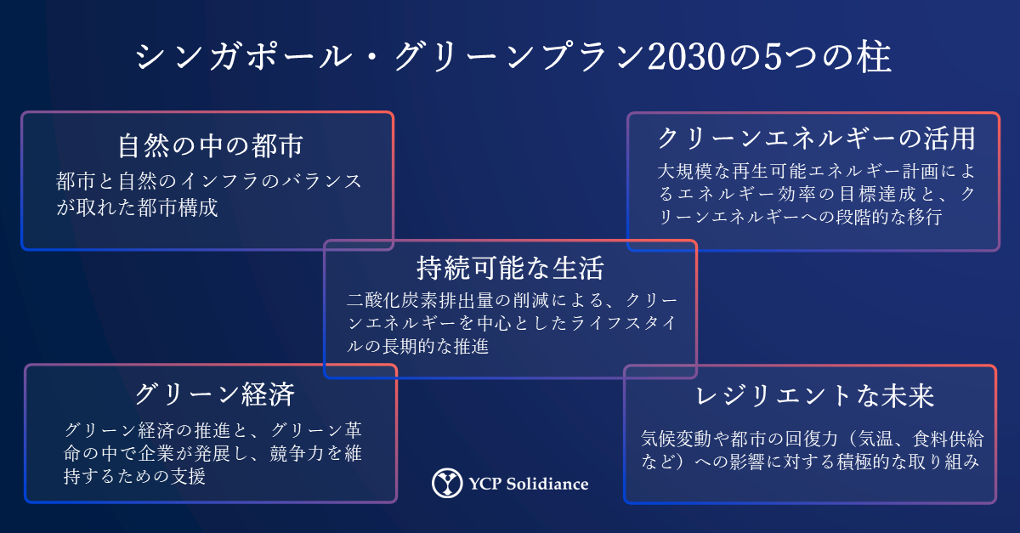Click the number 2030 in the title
(x=686, y=58)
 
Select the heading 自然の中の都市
(x=211, y=145)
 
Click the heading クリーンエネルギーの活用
(x=817, y=139)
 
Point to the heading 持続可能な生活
(x=511, y=268)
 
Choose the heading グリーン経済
(x=215, y=394)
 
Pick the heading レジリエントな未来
(x=815, y=396)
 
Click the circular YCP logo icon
(x=447, y=483)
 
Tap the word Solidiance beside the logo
(x=547, y=484)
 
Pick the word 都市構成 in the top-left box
(x=178, y=207)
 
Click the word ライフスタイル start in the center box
(x=623, y=323)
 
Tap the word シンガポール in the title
(x=244, y=57)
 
